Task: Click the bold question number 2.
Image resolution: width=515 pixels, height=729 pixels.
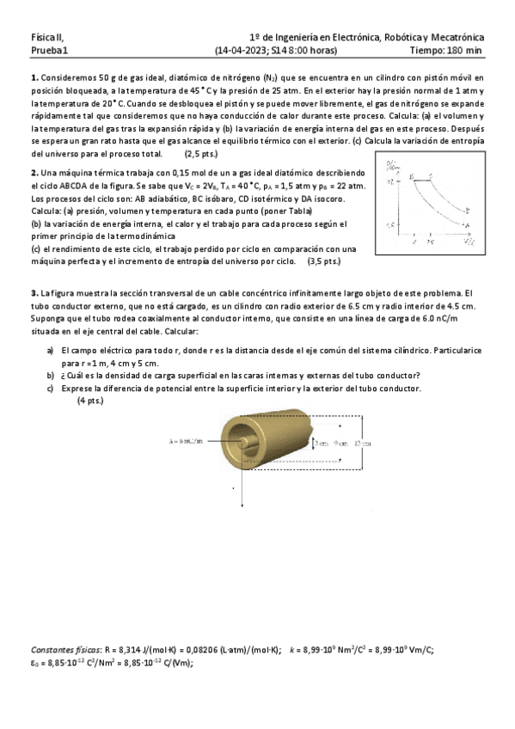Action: tap(34, 172)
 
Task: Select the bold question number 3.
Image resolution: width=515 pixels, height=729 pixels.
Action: tap(34, 293)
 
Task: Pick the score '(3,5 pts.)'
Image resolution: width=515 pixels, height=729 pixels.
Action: tap(323, 260)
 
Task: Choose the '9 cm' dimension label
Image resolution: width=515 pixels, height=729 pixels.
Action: tap(340, 443)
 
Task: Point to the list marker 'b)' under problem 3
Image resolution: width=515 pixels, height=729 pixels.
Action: tap(51, 375)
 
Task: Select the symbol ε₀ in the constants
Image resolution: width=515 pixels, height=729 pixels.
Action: tap(34, 663)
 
